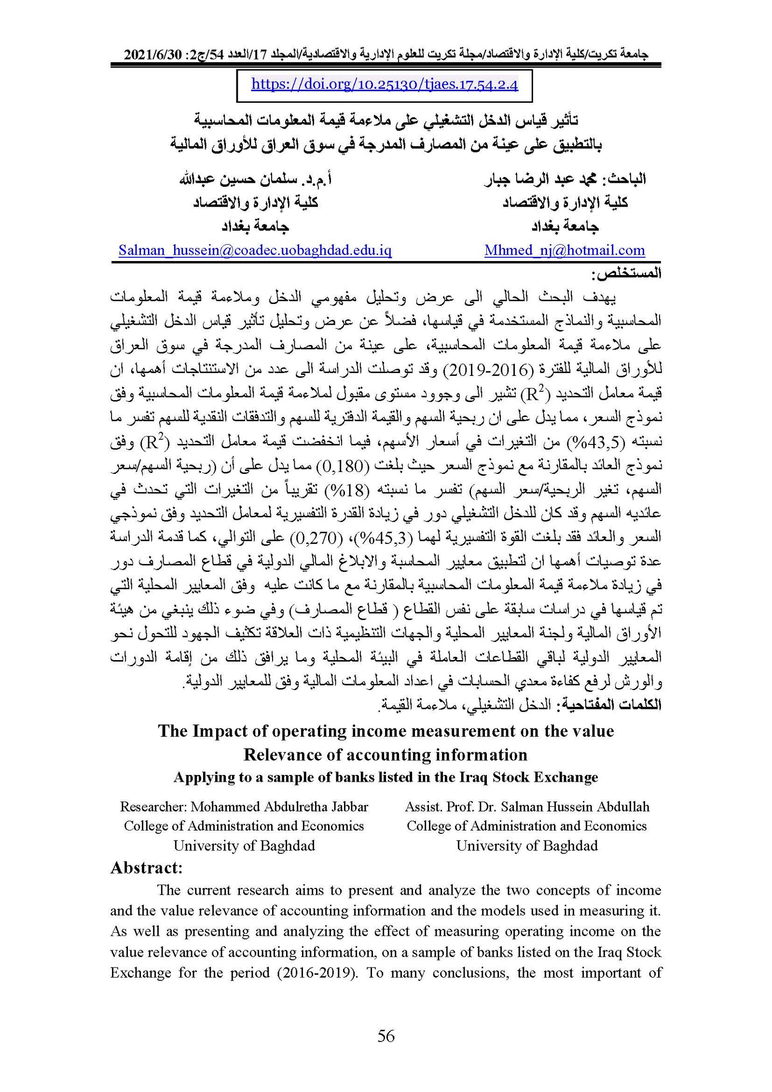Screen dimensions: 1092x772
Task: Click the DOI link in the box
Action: pyautogui.click(x=385, y=85)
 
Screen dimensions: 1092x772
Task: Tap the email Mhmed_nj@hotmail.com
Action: pyautogui.click(x=565, y=250)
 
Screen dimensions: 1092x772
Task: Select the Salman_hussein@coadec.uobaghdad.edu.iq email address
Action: pyautogui.click(x=255, y=250)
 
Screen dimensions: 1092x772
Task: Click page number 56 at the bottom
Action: pyautogui.click(x=386, y=1036)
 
